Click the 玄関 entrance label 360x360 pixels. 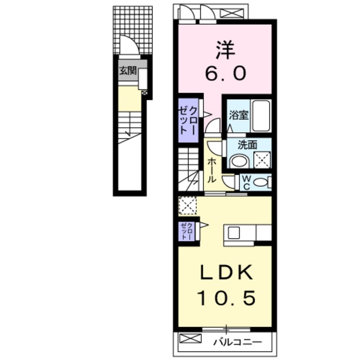pyautogui.click(x=127, y=71)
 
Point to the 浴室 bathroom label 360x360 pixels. pyautogui.click(x=238, y=115)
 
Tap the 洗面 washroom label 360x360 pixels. pyautogui.click(x=247, y=145)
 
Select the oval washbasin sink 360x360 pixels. pyautogui.click(x=239, y=161)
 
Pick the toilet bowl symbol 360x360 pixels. pyautogui.click(x=260, y=182)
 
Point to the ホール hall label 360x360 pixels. pyautogui.click(x=211, y=168)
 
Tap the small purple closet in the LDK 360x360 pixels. pyautogui.click(x=186, y=231)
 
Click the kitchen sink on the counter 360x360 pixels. pyautogui.click(x=234, y=232)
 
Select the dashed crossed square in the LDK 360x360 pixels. pyautogui.click(x=187, y=205)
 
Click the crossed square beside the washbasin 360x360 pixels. pyautogui.click(x=262, y=161)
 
